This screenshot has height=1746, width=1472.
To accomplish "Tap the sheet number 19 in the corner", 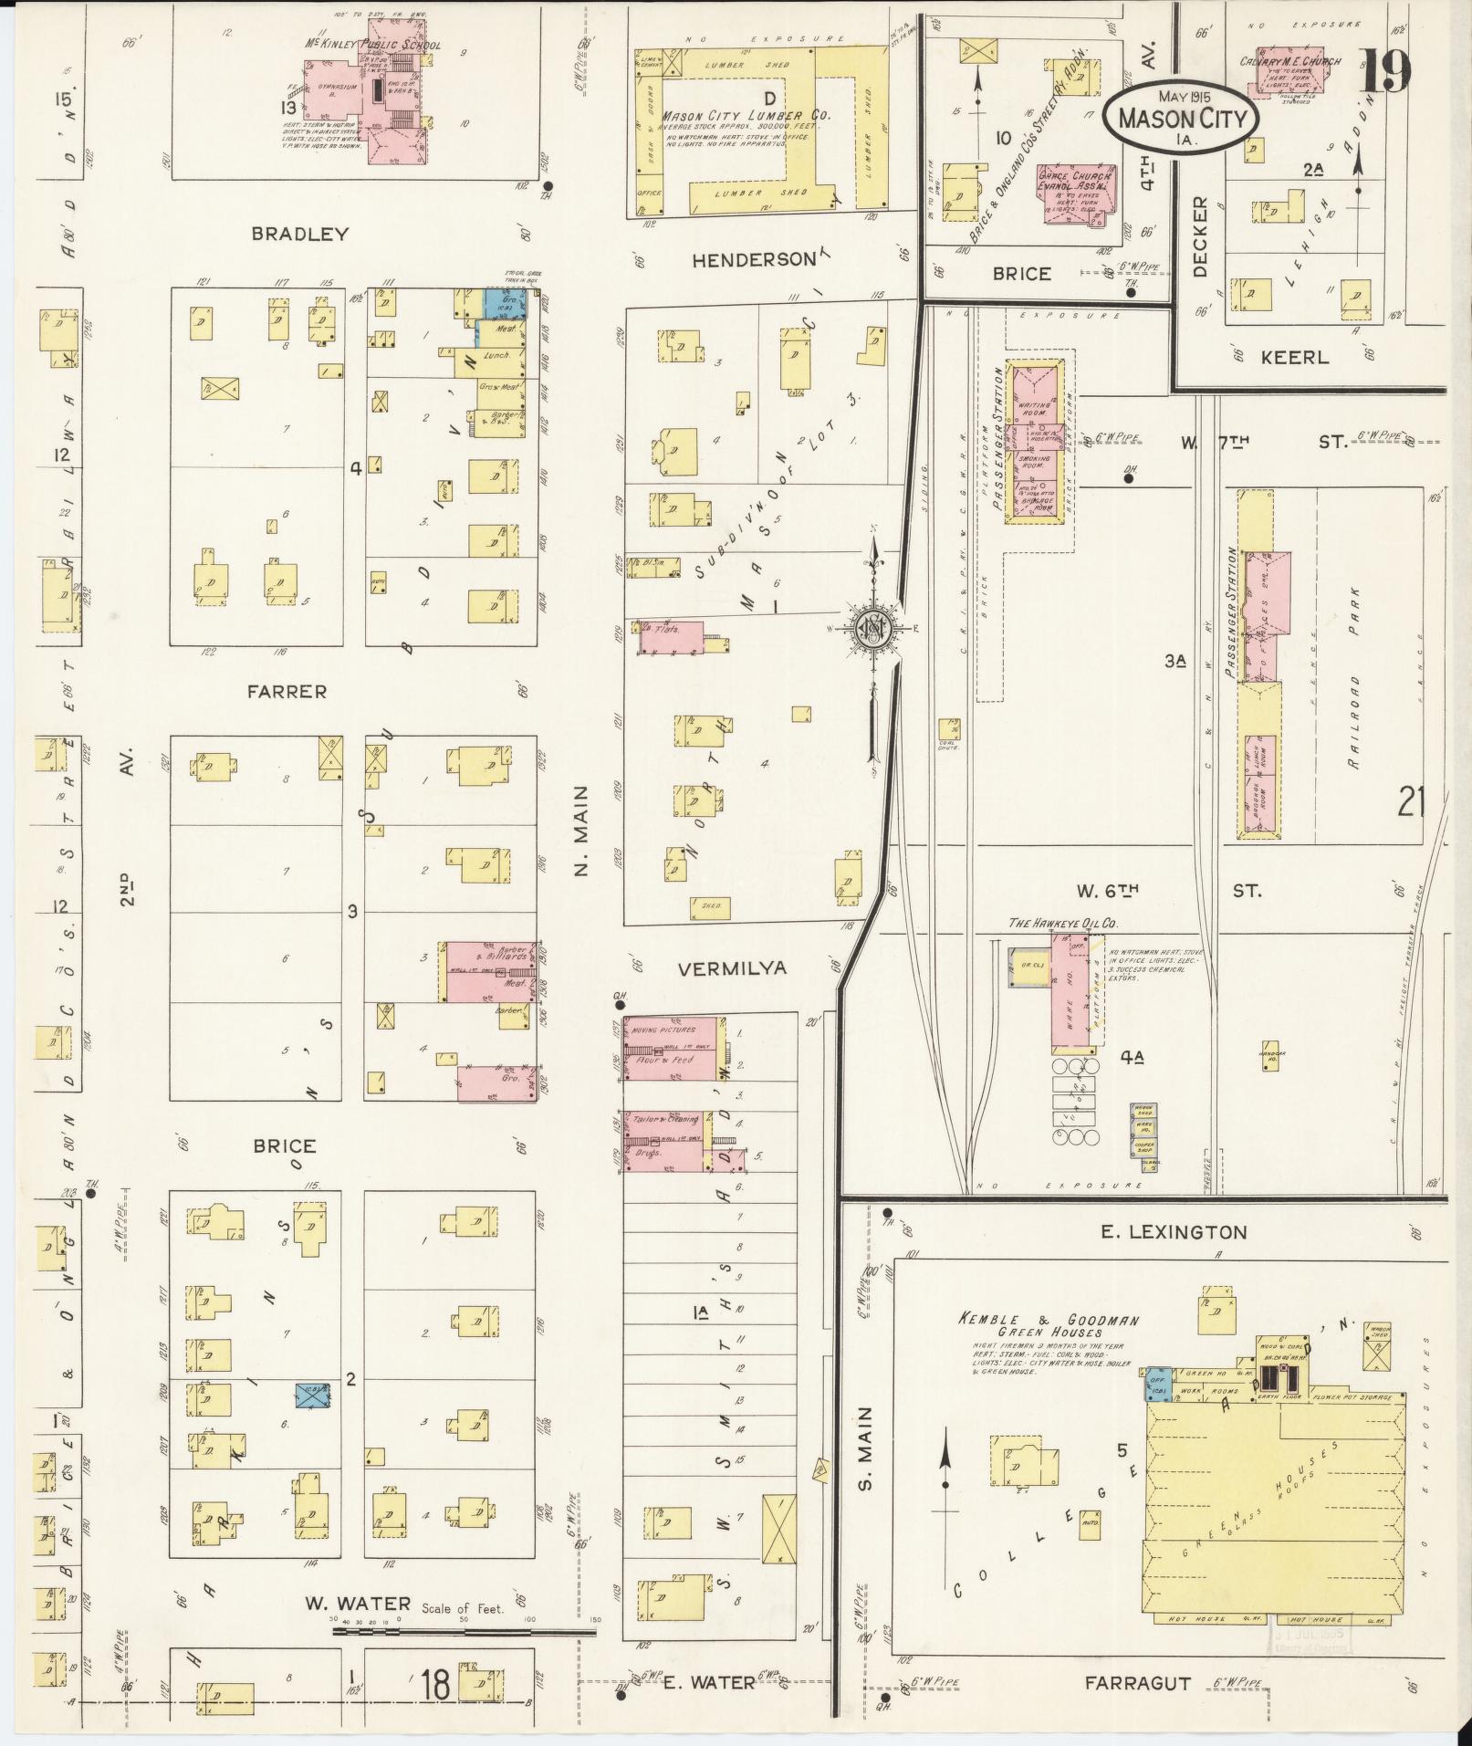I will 1385,71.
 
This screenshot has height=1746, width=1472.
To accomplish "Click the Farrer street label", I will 286,692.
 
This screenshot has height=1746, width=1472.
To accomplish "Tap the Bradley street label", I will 300,234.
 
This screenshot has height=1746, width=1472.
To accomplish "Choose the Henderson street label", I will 753,260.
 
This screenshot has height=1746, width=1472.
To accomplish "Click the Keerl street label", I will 1293,357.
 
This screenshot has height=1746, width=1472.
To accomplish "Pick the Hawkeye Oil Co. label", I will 1063,923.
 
